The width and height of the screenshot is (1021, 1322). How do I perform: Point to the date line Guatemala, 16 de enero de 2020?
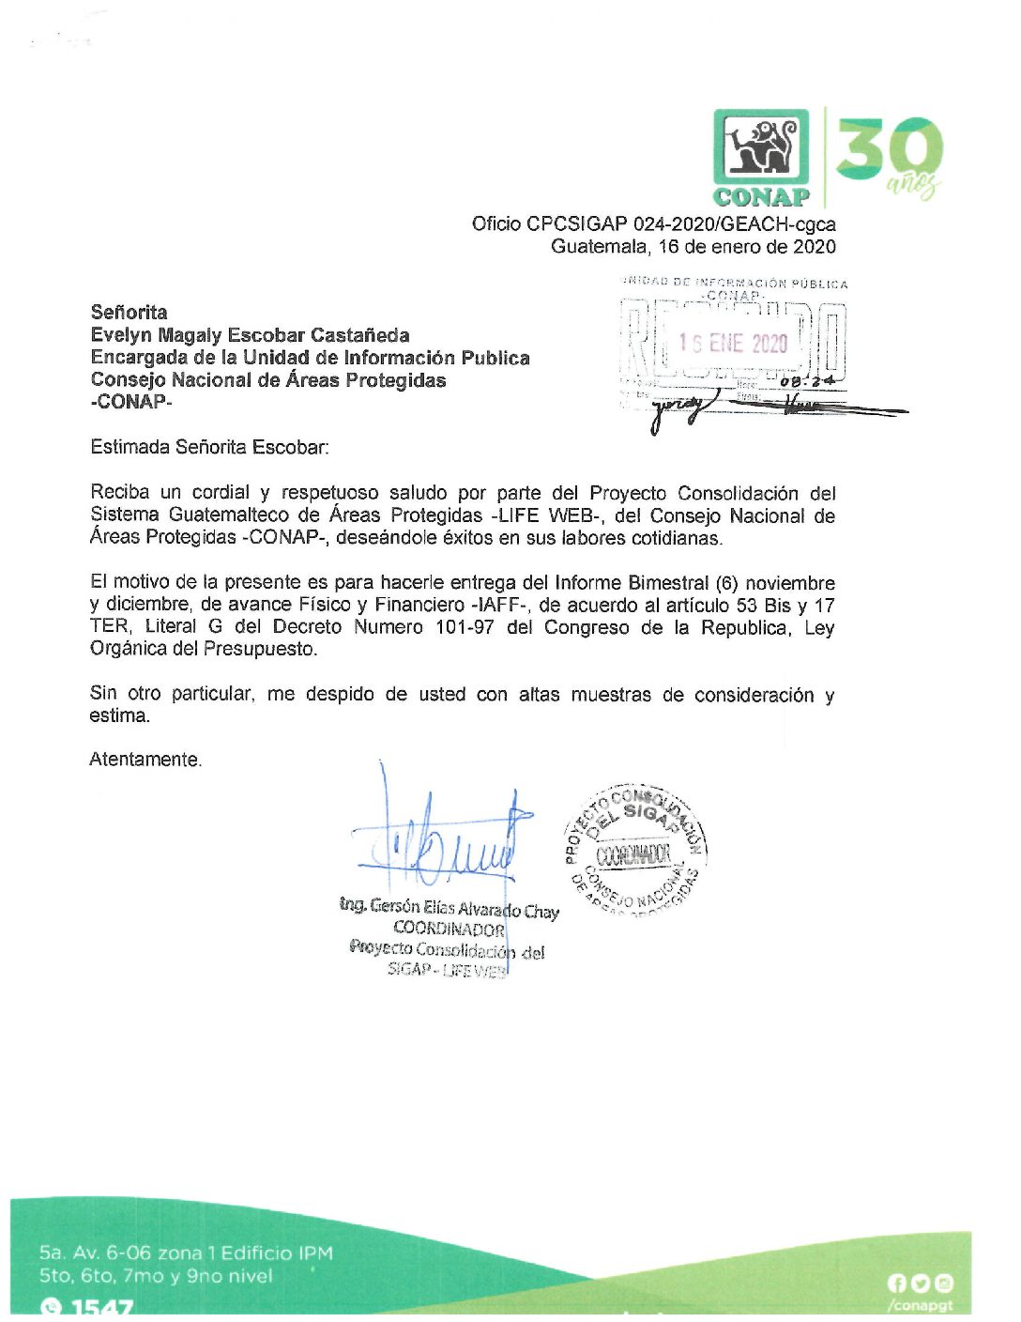point(693,247)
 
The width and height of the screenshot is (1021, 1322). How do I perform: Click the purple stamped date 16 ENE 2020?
point(733,344)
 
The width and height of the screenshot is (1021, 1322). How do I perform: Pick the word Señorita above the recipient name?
point(129,312)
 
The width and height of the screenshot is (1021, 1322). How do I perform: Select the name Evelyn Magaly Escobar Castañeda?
point(250,335)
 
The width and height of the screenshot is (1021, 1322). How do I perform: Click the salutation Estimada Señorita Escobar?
point(209,447)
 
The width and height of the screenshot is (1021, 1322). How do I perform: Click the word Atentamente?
point(145,760)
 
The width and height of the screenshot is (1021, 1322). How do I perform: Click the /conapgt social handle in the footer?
point(920,1305)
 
